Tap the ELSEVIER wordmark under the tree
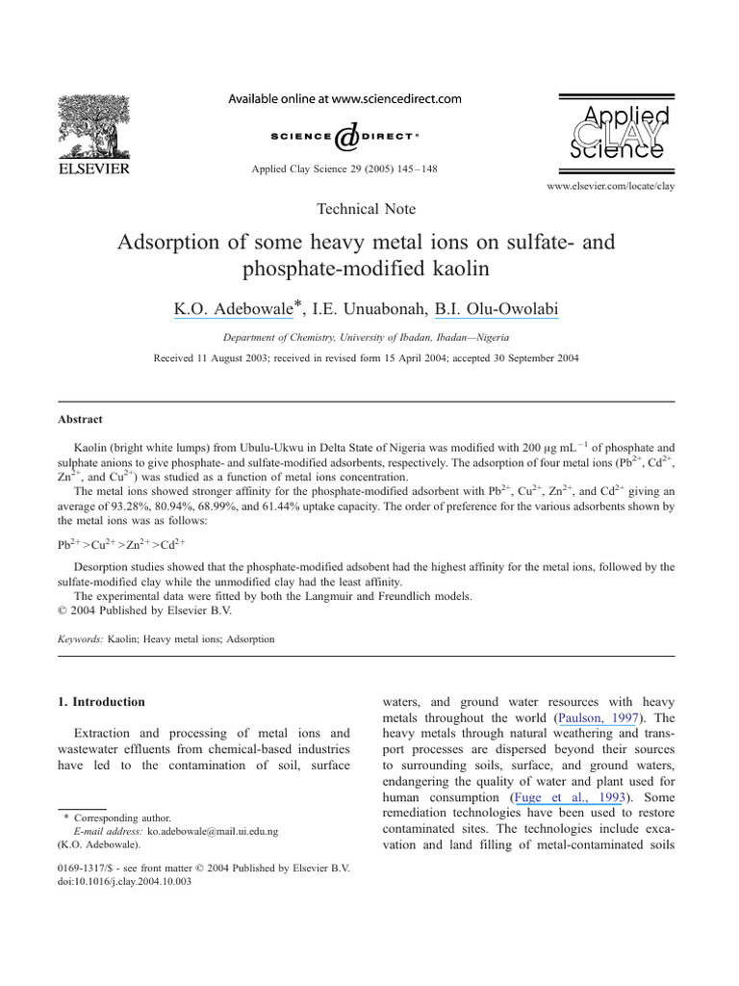click(x=94, y=170)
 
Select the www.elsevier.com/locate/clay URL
click(x=610, y=185)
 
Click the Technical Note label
click(x=366, y=208)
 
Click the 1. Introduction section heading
click(x=101, y=702)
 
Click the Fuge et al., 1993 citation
click(x=575, y=798)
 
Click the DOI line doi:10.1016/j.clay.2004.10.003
click(x=125, y=881)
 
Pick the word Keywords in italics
click(x=81, y=638)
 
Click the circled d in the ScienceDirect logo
click(x=344, y=138)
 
